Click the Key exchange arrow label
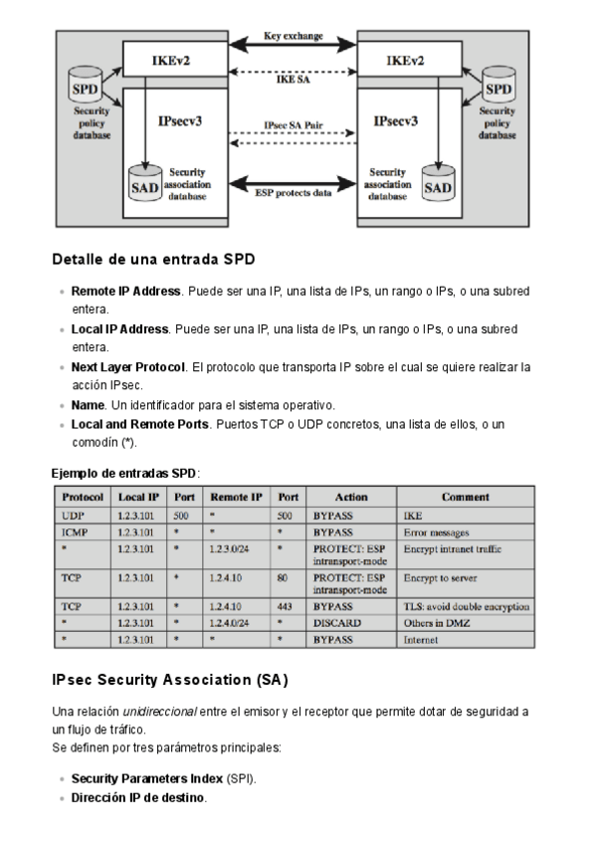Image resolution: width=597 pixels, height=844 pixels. point(293,36)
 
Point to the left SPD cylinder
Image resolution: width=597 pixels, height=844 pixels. point(85,88)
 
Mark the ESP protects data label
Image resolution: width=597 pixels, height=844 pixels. point(293,193)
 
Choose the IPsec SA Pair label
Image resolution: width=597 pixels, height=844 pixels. point(293,126)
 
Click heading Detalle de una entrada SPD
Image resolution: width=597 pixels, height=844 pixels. point(153,261)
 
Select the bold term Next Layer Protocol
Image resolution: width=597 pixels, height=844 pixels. point(128,367)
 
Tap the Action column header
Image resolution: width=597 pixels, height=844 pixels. point(351,497)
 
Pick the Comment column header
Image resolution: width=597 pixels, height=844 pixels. point(466,497)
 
